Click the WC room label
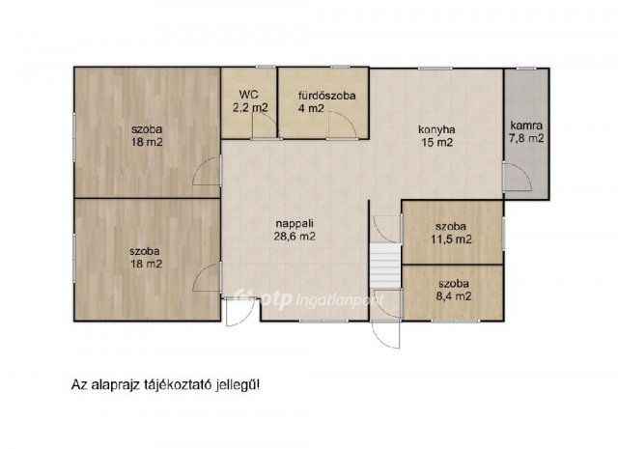(x=249, y=95)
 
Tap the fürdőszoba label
(x=326, y=96)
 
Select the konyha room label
(x=436, y=129)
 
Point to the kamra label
(x=526, y=126)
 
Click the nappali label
(x=295, y=224)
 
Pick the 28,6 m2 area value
(x=295, y=237)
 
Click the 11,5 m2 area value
(x=451, y=239)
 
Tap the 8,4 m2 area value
(x=454, y=296)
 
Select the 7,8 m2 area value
(x=526, y=138)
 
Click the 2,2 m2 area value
(x=250, y=107)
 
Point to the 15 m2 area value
(x=437, y=142)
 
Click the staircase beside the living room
(x=385, y=266)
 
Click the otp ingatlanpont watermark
(x=309, y=298)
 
